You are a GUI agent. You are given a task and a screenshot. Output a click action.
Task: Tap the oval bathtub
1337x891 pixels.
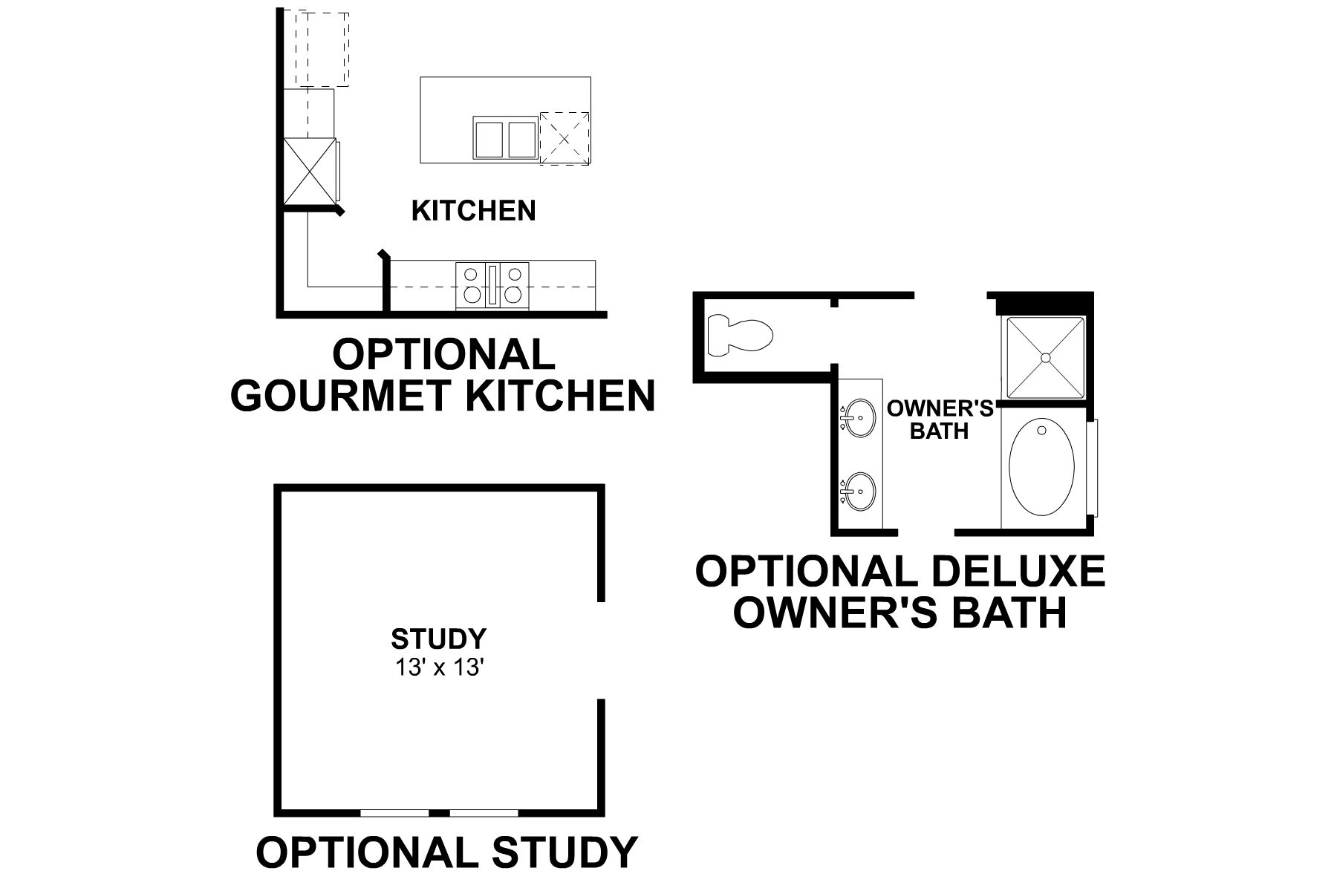(x=1041, y=468)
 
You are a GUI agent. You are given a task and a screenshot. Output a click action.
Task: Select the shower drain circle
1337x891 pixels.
(x=1046, y=358)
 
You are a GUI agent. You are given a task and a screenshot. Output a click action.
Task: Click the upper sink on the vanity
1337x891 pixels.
(x=859, y=419)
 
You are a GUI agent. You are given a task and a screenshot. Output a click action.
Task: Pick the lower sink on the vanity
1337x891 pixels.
(x=859, y=492)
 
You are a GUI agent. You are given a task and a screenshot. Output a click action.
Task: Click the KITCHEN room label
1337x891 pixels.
(x=473, y=211)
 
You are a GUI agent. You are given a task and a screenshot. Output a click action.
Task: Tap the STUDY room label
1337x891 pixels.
(x=439, y=639)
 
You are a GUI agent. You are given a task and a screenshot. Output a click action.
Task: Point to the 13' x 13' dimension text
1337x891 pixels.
(x=440, y=668)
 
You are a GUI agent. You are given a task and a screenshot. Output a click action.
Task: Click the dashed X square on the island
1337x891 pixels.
(x=565, y=138)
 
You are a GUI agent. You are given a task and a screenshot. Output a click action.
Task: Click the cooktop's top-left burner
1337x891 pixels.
(x=471, y=274)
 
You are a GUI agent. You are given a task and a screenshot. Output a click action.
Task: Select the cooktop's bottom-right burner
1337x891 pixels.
(x=513, y=295)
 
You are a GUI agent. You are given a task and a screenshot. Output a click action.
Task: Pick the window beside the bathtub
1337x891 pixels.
(x=1093, y=468)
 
